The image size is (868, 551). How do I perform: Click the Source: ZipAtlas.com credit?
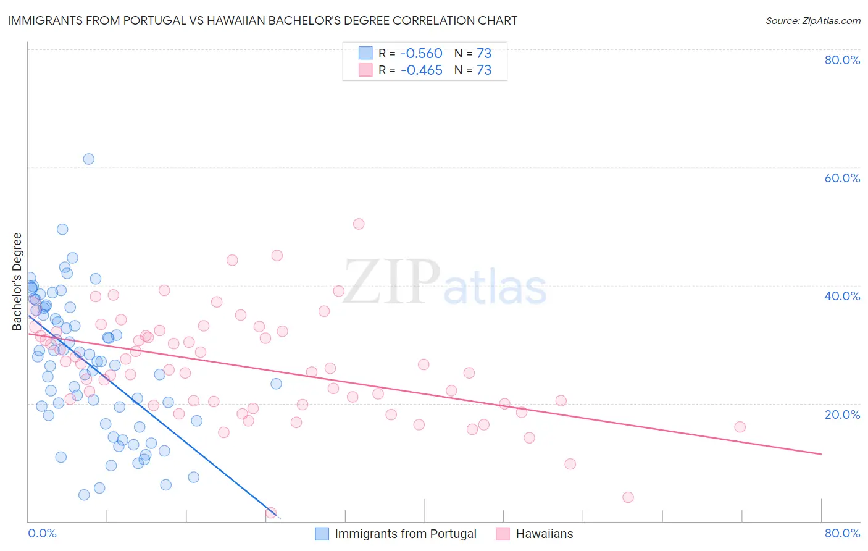point(812,20)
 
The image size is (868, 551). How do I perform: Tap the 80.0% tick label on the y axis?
point(842,60)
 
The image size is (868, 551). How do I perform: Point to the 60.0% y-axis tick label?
point(842,178)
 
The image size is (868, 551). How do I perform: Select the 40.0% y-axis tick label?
point(842,296)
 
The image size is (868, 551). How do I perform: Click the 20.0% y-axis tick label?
point(842,414)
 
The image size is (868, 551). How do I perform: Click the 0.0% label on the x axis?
point(42,533)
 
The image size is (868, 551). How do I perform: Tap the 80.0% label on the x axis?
point(842,533)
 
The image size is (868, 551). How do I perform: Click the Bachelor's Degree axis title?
point(17,282)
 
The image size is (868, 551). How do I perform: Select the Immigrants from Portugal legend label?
point(406,534)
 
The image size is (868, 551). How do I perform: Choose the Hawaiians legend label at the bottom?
point(545,534)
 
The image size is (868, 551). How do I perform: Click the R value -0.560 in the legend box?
point(422,53)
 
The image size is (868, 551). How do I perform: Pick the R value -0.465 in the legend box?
point(422,70)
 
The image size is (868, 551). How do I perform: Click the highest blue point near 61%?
point(89,159)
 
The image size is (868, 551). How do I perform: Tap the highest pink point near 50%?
point(359,224)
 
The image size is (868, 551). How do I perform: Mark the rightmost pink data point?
point(740,427)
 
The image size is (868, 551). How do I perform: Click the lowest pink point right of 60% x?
point(628,497)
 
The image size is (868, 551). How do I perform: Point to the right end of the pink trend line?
point(821,454)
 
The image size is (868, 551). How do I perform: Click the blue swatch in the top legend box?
point(365,53)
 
